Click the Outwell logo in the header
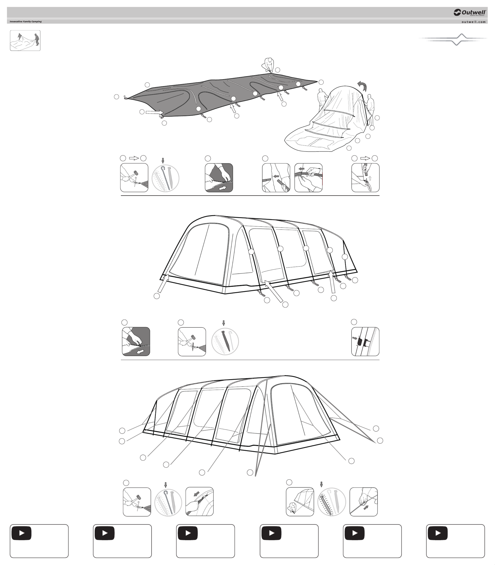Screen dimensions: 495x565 pyautogui.click(x=470, y=12)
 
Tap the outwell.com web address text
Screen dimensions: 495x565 pyautogui.click(x=473, y=22)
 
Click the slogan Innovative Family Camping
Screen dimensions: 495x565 pyautogui.click(x=26, y=22)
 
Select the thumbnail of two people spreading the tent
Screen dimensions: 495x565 pyautogui.click(x=25, y=41)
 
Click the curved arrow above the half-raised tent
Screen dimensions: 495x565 pyautogui.click(x=363, y=86)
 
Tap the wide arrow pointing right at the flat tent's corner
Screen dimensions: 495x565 pyautogui.click(x=154, y=112)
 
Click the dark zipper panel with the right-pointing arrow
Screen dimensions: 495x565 pyautogui.click(x=219, y=178)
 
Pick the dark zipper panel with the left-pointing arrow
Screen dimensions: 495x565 pyautogui.click(x=136, y=341)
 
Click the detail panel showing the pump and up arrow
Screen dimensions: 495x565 pyautogui.click(x=365, y=178)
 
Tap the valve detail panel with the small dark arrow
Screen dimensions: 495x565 pyautogui.click(x=365, y=341)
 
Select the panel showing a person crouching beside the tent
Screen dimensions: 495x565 pyautogui.click(x=300, y=502)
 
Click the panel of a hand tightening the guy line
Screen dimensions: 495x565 pyautogui.click(x=364, y=502)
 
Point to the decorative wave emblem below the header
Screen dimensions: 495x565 pyautogui.click(x=453, y=39)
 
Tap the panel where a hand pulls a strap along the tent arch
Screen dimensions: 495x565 pyautogui.click(x=199, y=502)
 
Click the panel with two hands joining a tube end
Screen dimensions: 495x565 pyautogui.click(x=308, y=178)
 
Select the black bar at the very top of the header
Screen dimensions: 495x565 pyautogui.click(x=247, y=12)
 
